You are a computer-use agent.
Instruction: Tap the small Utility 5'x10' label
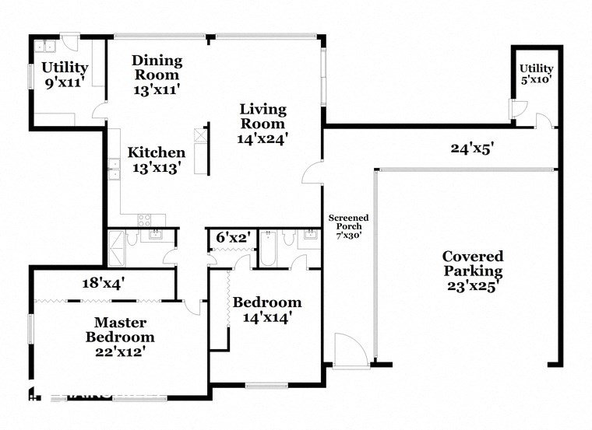click(x=536, y=74)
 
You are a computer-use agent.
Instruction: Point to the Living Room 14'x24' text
click(x=263, y=123)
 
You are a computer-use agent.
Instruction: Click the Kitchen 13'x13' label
click(x=157, y=159)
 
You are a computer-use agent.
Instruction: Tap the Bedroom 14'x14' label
click(x=267, y=309)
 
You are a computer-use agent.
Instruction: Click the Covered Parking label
click(x=472, y=271)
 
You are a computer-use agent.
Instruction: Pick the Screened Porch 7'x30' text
click(x=348, y=226)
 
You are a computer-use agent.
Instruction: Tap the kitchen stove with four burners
click(x=144, y=219)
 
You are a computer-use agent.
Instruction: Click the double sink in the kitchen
click(x=114, y=169)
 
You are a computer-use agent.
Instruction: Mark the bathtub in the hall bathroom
click(x=266, y=250)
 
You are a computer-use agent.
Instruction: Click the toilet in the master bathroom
click(x=132, y=237)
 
